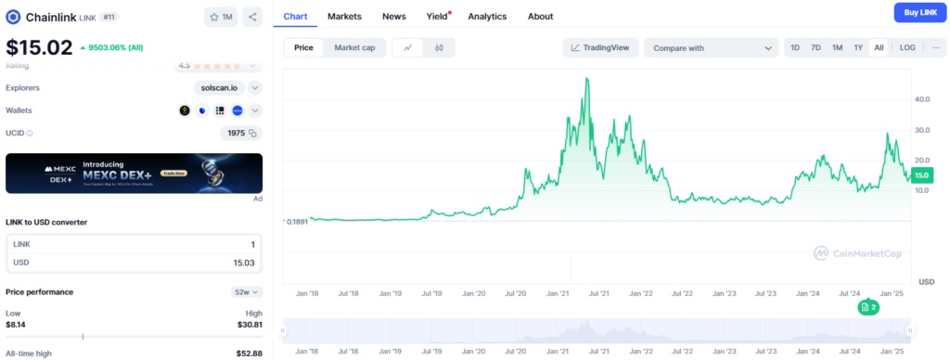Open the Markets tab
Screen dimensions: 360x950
(344, 16)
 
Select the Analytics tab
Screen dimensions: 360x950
(487, 16)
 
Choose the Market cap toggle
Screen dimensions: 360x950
(354, 47)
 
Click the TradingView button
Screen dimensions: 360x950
(600, 47)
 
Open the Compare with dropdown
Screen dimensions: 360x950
(712, 47)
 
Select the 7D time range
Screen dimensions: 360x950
(815, 47)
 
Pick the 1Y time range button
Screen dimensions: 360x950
(858, 47)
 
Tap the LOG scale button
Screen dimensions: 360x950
(907, 47)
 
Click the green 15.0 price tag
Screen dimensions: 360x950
(921, 174)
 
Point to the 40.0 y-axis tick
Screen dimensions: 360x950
(922, 98)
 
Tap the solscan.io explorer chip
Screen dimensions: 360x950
(219, 87)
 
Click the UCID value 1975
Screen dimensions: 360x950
(237, 133)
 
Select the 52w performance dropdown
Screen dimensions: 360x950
(246, 291)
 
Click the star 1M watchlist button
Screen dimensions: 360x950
(222, 17)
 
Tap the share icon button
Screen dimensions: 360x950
(253, 17)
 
